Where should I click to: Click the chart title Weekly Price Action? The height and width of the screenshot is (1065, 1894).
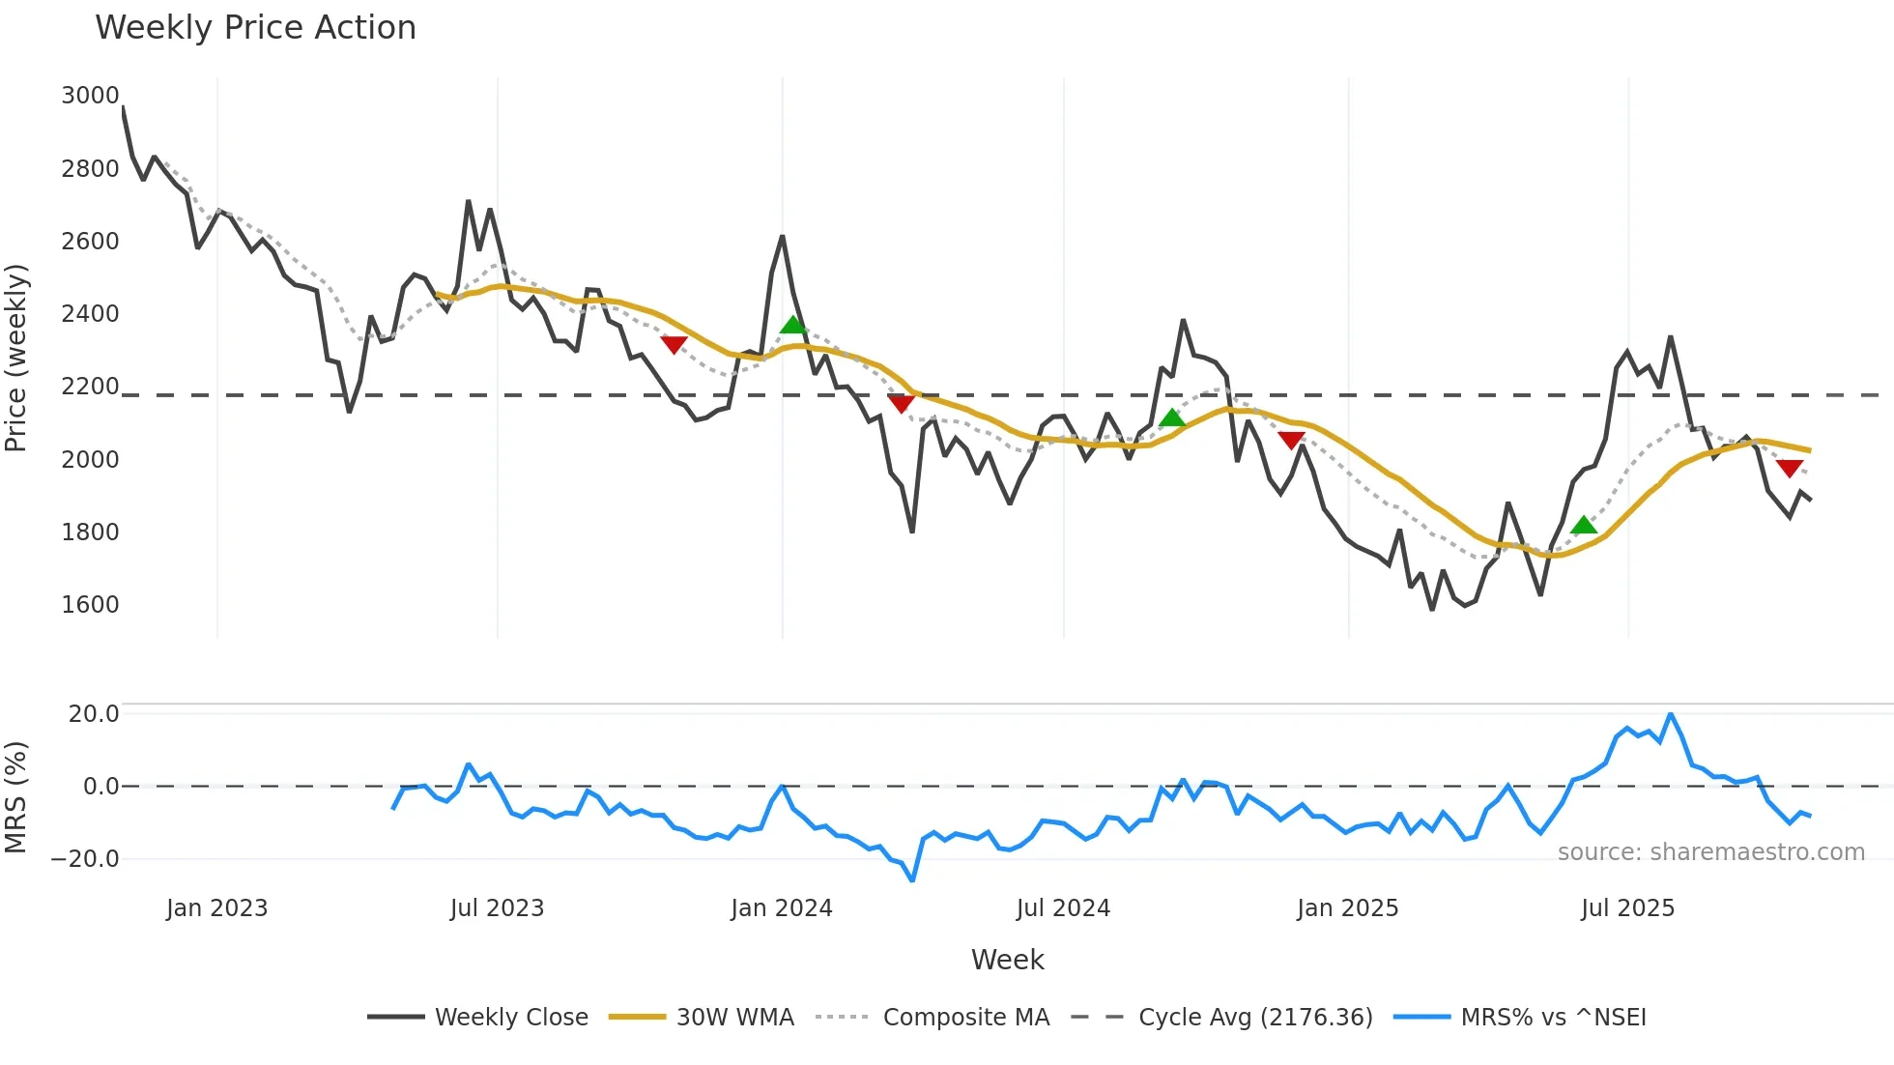pos(255,28)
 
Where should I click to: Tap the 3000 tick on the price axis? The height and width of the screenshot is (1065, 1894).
pos(90,96)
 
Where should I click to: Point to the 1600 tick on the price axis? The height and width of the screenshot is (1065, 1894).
pos(90,605)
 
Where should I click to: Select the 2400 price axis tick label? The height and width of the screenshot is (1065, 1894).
pos(90,314)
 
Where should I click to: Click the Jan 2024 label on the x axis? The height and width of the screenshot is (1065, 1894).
pos(781,908)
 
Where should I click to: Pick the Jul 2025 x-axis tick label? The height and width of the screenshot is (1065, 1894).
pos(1627,908)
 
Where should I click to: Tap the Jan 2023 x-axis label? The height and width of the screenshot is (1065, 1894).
pos(216,908)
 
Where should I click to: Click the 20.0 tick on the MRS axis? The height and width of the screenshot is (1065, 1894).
pos(93,714)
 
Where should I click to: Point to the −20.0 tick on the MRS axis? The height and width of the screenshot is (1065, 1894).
pos(85,859)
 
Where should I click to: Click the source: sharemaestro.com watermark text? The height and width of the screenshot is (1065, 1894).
pos(1710,852)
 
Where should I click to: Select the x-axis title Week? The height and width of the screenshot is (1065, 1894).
pos(1007,960)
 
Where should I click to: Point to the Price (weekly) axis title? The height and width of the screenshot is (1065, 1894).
pos(16,358)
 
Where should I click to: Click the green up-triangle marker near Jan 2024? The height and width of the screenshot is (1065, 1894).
pos(792,325)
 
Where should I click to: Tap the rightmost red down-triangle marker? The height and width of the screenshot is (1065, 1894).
pos(1790,469)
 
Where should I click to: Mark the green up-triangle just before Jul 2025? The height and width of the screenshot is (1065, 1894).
pos(1584,526)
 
